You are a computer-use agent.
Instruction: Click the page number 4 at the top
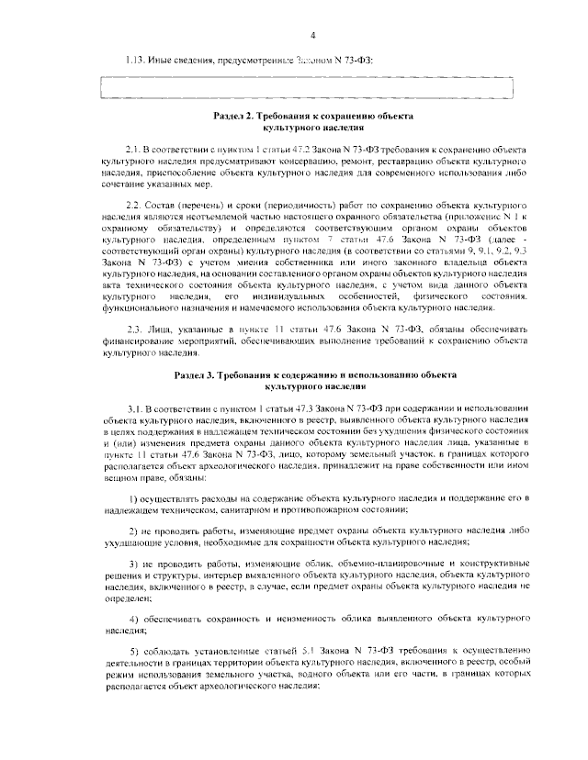(x=312, y=36)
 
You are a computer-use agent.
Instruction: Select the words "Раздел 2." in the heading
(x=236, y=118)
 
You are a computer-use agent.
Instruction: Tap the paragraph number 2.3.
(x=131, y=329)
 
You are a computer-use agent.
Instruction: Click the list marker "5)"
(x=131, y=651)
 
